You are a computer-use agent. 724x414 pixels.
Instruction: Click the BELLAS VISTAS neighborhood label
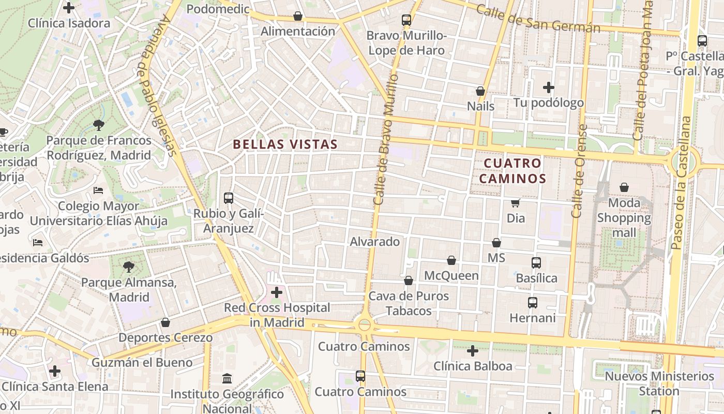(x=285, y=144)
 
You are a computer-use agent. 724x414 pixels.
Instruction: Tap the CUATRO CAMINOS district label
(x=512, y=171)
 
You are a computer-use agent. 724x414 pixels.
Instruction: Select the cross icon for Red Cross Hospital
(x=277, y=292)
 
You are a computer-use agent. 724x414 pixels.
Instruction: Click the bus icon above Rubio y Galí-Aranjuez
(x=228, y=198)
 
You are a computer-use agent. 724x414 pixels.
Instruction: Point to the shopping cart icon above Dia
(x=515, y=203)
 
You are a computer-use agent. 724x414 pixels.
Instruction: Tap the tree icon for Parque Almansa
(x=129, y=267)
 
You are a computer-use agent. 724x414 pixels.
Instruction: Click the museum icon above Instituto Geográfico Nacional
(x=227, y=379)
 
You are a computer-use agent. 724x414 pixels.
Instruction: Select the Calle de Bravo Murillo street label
(x=386, y=139)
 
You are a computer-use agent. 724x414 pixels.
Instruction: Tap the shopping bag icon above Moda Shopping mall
(x=624, y=187)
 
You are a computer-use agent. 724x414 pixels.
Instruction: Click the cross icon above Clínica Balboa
(x=472, y=351)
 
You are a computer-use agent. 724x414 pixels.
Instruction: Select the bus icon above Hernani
(x=533, y=302)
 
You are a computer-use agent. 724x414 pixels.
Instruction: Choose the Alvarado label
(x=375, y=242)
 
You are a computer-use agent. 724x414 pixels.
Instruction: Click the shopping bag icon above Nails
(x=480, y=91)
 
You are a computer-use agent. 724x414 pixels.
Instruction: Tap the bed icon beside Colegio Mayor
(x=98, y=190)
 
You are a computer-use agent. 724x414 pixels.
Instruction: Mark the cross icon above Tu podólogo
(x=549, y=87)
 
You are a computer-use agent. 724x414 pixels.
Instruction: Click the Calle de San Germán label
(x=537, y=19)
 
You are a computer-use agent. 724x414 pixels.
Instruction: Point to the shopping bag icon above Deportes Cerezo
(x=165, y=322)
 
